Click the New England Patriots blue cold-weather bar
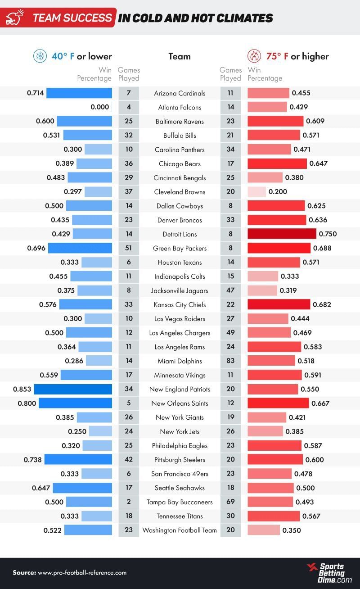click(73, 389)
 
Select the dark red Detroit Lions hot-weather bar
click(282, 234)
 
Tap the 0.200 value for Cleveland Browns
click(278, 192)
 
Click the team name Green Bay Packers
click(180, 248)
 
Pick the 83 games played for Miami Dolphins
click(231, 361)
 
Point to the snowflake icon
click(40, 56)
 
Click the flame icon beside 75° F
click(254, 56)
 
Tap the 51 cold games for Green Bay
click(129, 248)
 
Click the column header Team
click(180, 56)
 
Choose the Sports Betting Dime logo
click(329, 573)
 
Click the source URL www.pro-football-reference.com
click(82, 573)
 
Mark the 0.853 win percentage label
click(22, 389)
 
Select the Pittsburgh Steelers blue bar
click(78, 459)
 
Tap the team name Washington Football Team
click(180, 530)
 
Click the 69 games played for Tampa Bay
click(231, 502)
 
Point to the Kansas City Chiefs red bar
click(279, 304)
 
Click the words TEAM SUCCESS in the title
click(72, 18)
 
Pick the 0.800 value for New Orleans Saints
click(27, 403)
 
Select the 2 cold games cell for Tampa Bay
click(129, 502)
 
